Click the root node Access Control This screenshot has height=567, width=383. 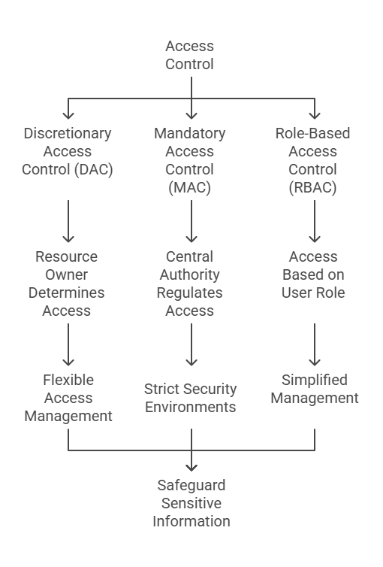[189, 55]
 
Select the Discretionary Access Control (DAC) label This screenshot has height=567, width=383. [68, 151]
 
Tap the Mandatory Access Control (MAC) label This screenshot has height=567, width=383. [189, 160]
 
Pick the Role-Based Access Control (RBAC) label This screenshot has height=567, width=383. [312, 160]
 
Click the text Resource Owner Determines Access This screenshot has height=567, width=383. [66, 283]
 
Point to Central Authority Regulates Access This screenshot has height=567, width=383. [189, 283]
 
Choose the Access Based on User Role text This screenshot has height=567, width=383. [313, 274]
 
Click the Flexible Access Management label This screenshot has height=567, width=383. [68, 398]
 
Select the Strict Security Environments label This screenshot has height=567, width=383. [190, 398]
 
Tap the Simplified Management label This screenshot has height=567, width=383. [315, 389]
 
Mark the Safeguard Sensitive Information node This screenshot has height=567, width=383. [191, 503]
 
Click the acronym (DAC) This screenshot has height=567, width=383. [93, 169]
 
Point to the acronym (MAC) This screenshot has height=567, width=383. [189, 187]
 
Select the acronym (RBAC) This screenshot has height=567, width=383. [312, 187]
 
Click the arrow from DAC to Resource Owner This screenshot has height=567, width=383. [68, 221]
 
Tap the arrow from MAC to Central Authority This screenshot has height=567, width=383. [191, 221]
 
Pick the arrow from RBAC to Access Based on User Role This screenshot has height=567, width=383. [315, 221]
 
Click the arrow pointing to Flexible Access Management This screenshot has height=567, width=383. [68, 344]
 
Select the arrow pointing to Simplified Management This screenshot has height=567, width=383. [315, 344]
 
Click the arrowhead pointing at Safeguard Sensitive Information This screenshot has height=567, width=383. [191, 468]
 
